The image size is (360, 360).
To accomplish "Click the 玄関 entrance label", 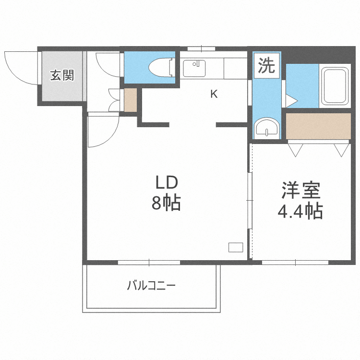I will [62, 75].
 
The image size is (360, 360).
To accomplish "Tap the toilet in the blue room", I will [160, 67].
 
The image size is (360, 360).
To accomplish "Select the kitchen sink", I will [194, 68].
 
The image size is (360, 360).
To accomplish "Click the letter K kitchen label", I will [214, 94].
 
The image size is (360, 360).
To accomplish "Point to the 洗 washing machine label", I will [266, 66].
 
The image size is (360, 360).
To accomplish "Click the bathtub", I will [334, 86].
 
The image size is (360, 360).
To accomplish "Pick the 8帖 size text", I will [166, 204].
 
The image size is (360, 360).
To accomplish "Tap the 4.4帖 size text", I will [300, 211].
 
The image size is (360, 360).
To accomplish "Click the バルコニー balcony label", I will [151, 287].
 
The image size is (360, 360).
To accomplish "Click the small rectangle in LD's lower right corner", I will [236, 248].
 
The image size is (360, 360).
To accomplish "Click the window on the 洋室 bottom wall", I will [295, 262].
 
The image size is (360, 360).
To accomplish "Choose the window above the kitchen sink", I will [201, 48].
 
